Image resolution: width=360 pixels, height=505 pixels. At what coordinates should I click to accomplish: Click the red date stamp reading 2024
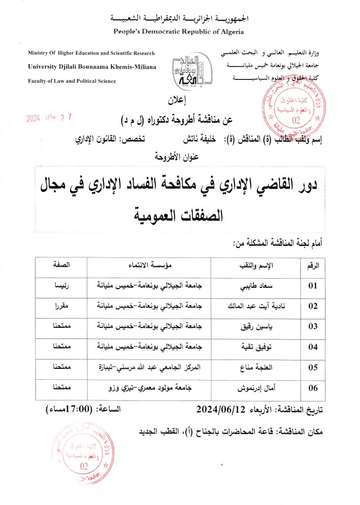pos(48,118)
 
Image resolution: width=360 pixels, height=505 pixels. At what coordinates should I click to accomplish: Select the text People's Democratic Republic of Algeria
pos(179,32)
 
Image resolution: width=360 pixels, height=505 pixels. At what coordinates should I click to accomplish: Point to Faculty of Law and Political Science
pos(72,81)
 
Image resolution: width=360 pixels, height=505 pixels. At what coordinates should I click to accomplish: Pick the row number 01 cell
pos(314,286)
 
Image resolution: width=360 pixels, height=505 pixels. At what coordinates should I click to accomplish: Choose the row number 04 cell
pos(314,346)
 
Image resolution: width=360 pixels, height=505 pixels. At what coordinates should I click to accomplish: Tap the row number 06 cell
pos(314,388)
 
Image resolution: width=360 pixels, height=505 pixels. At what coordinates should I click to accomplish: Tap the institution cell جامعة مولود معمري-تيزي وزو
pos(149,388)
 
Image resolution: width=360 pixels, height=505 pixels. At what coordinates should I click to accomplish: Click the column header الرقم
pos(314,265)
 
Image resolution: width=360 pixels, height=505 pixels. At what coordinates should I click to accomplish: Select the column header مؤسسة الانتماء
pos(149,265)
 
